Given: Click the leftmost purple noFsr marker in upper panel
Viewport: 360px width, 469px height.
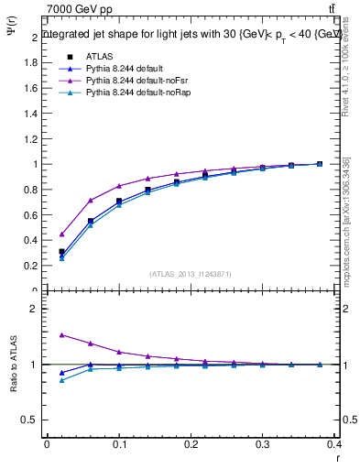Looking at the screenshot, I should tap(61, 234).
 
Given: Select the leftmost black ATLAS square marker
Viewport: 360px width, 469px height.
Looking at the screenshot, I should tap(61, 251).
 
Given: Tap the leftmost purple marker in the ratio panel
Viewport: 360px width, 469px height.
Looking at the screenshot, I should tap(61, 334).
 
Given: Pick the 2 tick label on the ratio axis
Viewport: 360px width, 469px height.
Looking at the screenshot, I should tap(34, 310).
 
